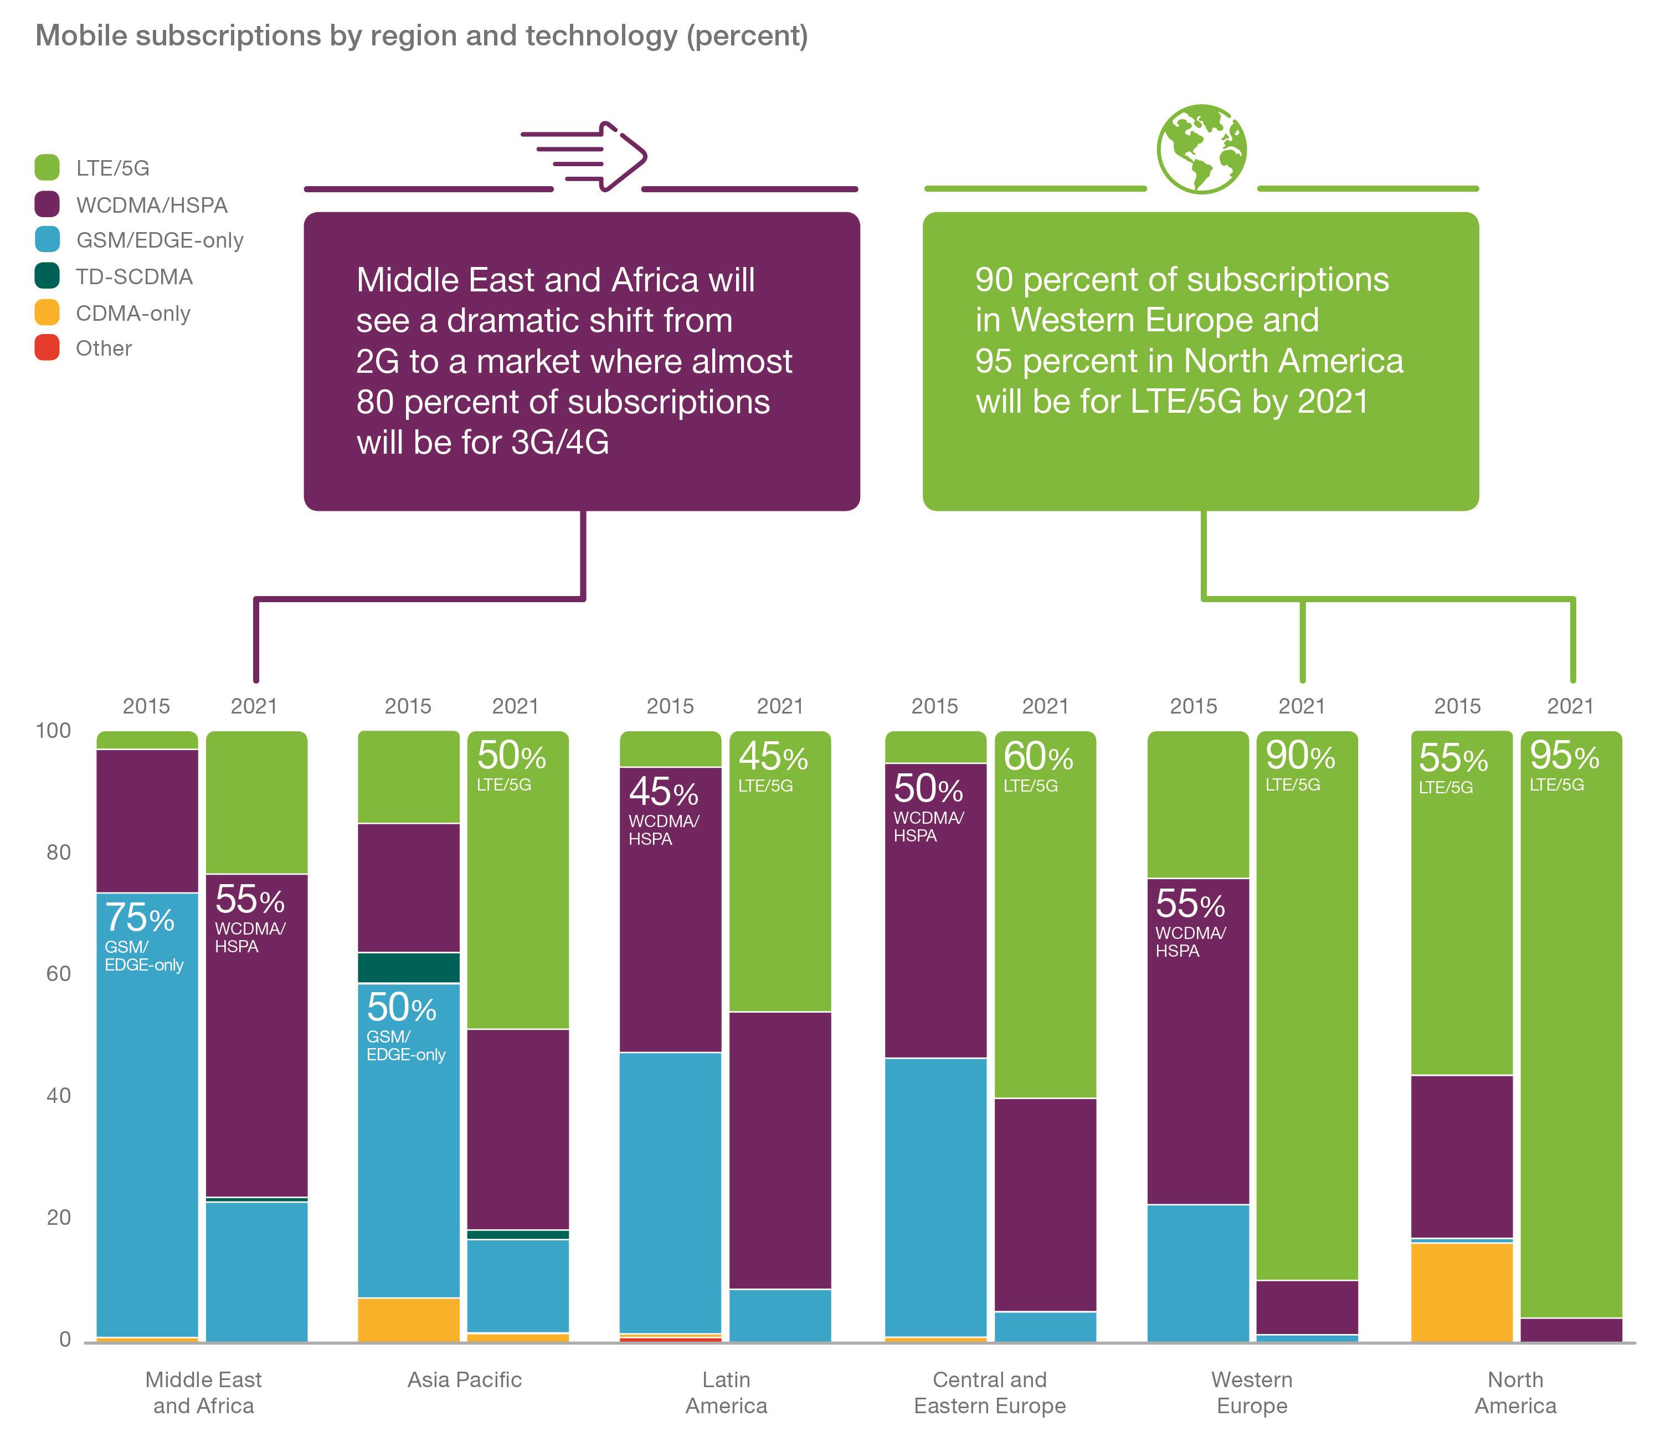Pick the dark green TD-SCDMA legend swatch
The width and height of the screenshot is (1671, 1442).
tap(47, 276)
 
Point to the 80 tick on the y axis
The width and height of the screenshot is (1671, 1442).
tap(58, 853)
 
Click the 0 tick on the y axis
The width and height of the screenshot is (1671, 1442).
tap(64, 1340)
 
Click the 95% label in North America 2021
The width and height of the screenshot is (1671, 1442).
tap(1564, 757)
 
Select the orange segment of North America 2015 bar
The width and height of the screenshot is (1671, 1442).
tap(1461, 1291)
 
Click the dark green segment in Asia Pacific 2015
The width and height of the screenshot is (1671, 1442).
tap(408, 967)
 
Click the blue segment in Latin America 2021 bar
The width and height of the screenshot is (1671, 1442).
tap(780, 1315)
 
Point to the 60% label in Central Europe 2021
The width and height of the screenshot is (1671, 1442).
tap(1037, 757)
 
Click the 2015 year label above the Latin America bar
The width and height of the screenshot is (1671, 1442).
tap(670, 706)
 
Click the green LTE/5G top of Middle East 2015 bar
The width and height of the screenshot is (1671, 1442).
tap(147, 740)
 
